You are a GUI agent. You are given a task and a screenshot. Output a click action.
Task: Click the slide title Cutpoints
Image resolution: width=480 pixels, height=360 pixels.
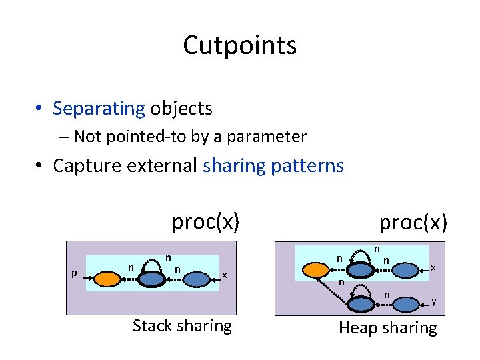tap(239, 45)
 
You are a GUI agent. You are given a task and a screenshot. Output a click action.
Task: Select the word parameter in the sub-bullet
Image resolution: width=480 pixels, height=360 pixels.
tap(267, 137)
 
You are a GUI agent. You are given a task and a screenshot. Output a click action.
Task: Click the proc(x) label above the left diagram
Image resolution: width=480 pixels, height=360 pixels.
tap(205, 221)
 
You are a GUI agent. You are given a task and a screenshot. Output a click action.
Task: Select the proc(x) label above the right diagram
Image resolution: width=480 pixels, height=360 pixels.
tap(413, 222)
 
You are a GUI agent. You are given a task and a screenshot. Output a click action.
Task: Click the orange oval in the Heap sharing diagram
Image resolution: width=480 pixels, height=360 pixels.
tap(316, 269)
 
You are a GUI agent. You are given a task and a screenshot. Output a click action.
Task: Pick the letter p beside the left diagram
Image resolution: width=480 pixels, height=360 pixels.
tap(74, 273)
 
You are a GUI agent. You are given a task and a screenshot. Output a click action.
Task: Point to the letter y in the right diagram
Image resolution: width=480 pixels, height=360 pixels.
tap(434, 301)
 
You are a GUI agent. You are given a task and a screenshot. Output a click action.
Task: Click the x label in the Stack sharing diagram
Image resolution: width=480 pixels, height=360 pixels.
tap(225, 275)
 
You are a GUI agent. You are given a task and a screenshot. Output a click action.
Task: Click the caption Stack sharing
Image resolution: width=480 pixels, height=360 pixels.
tap(182, 325)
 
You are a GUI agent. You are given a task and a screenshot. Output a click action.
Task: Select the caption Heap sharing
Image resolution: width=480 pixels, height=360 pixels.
tap(388, 327)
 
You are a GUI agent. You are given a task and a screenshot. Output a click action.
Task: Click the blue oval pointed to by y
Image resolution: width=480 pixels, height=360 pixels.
tap(406, 304)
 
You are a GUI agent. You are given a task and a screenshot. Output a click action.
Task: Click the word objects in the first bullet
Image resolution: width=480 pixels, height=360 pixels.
tap(181, 108)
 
